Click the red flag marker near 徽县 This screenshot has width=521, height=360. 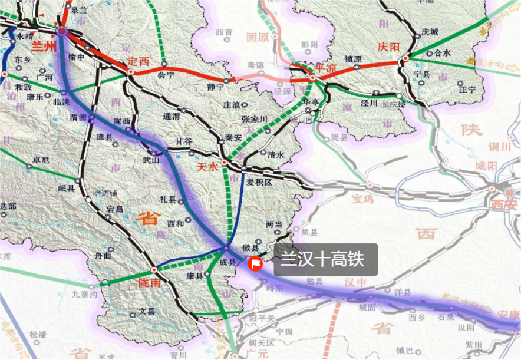255,263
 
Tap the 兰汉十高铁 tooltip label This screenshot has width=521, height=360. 322,259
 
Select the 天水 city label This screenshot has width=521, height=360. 207,167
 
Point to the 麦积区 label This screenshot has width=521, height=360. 259,182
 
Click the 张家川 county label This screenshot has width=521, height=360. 255,119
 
